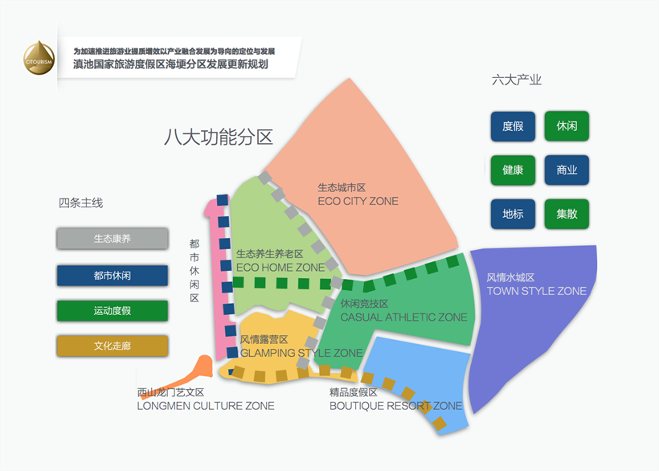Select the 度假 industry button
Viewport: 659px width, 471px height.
(x=513, y=126)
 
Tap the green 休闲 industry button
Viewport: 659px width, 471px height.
(x=567, y=126)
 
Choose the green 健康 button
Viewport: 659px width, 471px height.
(x=513, y=170)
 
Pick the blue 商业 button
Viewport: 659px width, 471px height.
(x=567, y=170)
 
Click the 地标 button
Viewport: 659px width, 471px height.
(x=513, y=215)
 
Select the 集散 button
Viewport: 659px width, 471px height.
(x=567, y=215)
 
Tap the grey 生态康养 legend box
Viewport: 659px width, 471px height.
(x=113, y=239)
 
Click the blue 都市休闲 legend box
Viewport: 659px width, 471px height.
(x=113, y=276)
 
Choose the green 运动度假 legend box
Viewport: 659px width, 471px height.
(x=113, y=311)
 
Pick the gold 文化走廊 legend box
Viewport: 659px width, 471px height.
(x=113, y=346)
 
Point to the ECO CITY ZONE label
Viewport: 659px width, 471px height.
(x=358, y=201)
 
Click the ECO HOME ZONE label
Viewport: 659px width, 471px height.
(x=280, y=267)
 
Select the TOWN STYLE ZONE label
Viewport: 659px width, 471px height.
(x=537, y=290)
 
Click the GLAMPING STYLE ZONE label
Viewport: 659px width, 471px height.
(x=301, y=353)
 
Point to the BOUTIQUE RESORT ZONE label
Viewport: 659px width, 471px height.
(x=395, y=406)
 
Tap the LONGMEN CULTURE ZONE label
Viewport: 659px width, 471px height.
(x=206, y=406)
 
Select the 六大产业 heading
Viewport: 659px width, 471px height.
(x=517, y=80)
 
